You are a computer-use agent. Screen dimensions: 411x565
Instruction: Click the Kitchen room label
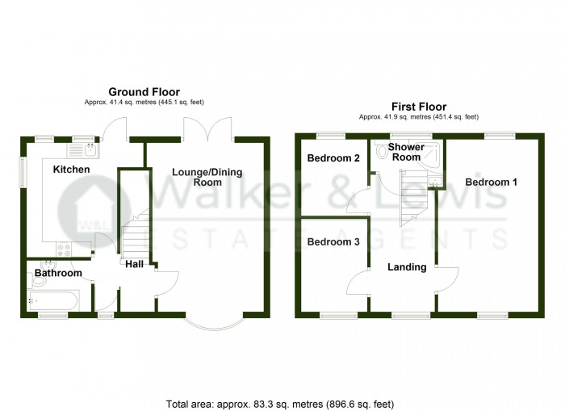click(71, 170)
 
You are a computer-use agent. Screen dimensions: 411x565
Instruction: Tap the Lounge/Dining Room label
click(207, 178)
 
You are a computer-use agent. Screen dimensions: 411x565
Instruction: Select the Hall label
click(134, 263)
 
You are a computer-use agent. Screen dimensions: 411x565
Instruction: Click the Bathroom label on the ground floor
click(58, 274)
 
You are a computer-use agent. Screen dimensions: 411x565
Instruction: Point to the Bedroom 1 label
click(491, 182)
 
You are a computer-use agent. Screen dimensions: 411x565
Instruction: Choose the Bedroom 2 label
click(333, 158)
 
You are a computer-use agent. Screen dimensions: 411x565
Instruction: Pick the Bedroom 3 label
click(333, 241)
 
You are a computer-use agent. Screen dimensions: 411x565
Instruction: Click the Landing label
click(407, 267)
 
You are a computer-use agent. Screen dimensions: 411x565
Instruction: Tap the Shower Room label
click(404, 152)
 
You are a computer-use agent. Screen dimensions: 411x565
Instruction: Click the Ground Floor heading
click(144, 92)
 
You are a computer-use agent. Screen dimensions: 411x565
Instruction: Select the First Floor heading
click(419, 107)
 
